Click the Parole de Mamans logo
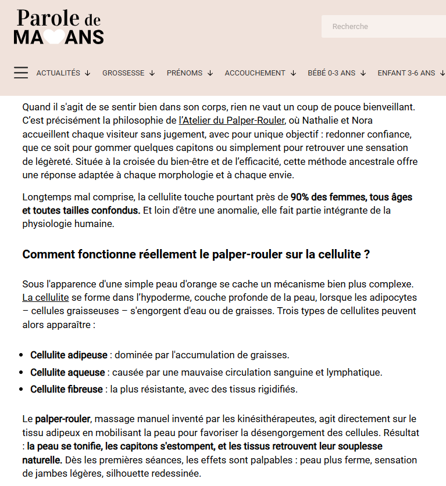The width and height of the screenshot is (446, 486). pos(59,27)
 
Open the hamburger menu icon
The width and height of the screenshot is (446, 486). pos(21,73)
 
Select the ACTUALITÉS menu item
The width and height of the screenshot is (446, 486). pos(63,73)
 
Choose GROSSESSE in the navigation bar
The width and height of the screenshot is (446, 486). pos(128,73)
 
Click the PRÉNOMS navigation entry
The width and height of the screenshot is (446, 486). pos(190,73)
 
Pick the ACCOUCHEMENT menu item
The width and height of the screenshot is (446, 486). pos(260,73)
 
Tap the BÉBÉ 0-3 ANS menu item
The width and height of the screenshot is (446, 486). pos(336,73)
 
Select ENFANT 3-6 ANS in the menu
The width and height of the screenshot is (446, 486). pos(411,73)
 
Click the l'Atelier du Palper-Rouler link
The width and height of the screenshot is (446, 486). pos(232,120)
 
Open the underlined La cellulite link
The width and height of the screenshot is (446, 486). pos(45,298)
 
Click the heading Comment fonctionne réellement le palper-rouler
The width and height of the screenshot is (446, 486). pos(196,254)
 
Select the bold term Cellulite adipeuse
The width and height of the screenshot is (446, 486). pos(69,354)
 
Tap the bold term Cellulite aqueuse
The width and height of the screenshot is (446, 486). pos(67,372)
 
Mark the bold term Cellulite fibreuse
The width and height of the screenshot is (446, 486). pos(66,389)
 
